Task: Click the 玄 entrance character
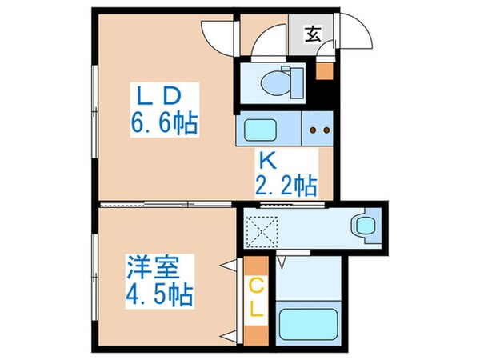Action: (314, 34)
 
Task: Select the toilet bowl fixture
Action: (280, 79)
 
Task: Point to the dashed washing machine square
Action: (260, 230)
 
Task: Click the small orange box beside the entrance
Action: (323, 70)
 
